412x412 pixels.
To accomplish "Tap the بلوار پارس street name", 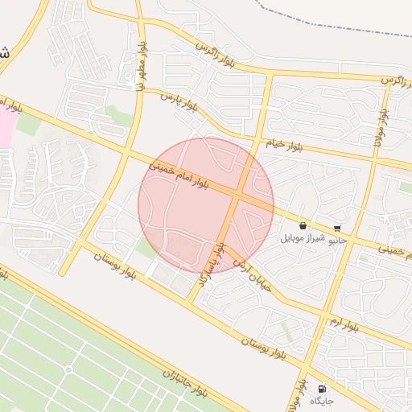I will click(179, 101).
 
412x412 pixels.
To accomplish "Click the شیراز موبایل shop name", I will click(303, 239).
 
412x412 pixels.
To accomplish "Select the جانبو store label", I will click(338, 239).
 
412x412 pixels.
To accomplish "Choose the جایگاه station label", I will click(322, 400).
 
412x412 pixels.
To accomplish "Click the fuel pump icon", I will click(322, 388).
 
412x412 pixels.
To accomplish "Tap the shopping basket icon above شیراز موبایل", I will click(302, 226).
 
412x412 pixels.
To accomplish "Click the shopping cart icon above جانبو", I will click(336, 228).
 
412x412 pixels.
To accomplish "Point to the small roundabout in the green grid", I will click(68, 369).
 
